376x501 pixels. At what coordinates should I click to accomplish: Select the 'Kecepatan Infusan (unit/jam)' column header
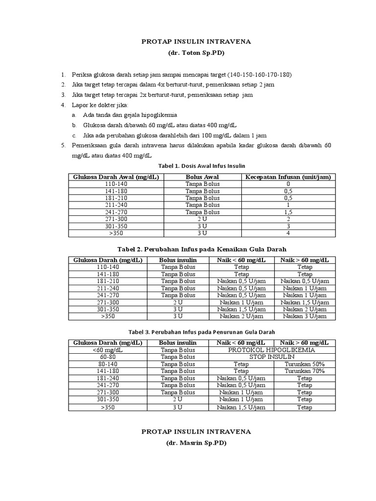click(x=288, y=177)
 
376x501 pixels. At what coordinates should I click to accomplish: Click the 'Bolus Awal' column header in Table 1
click(x=202, y=177)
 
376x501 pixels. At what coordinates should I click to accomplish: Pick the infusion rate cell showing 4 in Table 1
click(x=288, y=233)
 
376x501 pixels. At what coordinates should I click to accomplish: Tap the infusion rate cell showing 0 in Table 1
click(x=288, y=184)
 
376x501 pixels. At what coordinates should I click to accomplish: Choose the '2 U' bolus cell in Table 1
click(x=202, y=219)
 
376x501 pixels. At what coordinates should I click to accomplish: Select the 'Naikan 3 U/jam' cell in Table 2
click(x=305, y=317)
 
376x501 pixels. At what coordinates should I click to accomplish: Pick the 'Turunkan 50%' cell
click(x=305, y=364)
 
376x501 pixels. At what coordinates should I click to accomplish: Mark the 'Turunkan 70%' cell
click(x=305, y=371)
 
